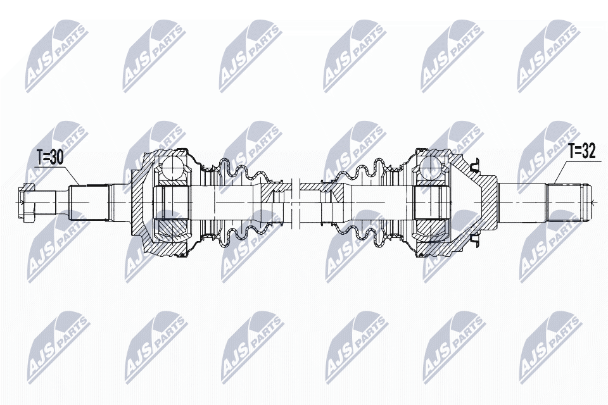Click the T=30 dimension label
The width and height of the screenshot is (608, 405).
click(x=49, y=158)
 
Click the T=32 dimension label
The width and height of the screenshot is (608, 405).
click(x=581, y=151)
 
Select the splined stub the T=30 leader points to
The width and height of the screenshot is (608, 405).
click(x=89, y=202)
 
